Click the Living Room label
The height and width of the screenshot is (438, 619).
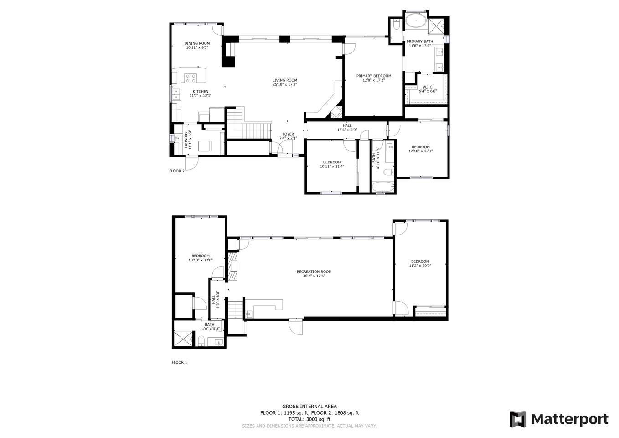[x=284, y=80]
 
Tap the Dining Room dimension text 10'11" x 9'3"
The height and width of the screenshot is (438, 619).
[x=197, y=47]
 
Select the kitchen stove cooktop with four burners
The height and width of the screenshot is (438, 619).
[x=191, y=78]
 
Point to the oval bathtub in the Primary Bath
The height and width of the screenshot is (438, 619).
[x=416, y=21]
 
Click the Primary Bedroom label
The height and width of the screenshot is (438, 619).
[x=374, y=76]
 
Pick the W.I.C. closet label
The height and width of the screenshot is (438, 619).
[x=428, y=87]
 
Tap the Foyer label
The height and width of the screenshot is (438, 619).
[x=288, y=134]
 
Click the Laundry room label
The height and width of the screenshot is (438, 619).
[x=186, y=139]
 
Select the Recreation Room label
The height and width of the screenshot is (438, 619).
[x=314, y=271]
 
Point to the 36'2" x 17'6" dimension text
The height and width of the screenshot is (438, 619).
[x=314, y=276]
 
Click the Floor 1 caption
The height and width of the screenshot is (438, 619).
[x=179, y=362]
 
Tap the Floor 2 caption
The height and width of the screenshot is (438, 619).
[x=177, y=171]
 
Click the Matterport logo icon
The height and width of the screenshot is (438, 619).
[x=518, y=419]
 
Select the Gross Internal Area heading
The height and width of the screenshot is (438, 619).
[x=309, y=406]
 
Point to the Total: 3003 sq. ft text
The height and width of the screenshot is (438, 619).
[x=309, y=419]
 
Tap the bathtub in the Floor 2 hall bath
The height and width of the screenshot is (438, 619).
[x=383, y=187]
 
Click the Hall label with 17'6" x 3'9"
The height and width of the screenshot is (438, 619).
[x=347, y=127]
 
